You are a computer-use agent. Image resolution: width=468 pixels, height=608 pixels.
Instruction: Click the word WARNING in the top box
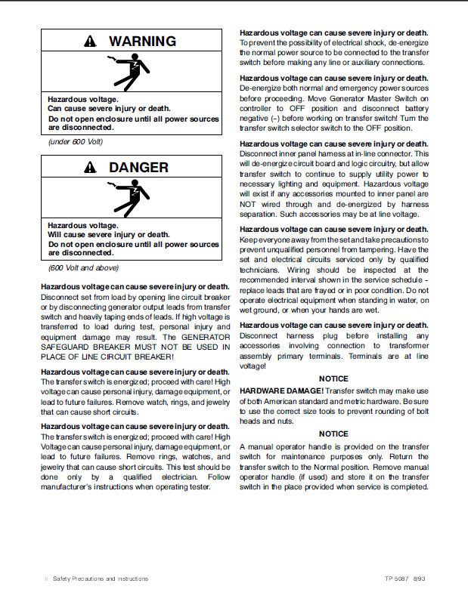[x=142, y=42]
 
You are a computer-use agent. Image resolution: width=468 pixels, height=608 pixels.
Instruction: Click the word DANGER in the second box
[x=138, y=167]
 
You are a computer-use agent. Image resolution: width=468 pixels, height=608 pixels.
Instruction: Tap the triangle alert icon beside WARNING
[x=91, y=42]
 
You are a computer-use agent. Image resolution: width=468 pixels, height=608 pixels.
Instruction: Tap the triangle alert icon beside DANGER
[x=91, y=168]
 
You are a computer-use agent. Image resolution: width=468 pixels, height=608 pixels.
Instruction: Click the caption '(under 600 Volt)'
[x=76, y=142]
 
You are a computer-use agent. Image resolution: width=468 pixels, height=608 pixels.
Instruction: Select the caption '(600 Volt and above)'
[x=83, y=267]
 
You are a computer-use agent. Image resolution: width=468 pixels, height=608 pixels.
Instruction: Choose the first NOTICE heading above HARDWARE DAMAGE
[x=333, y=378]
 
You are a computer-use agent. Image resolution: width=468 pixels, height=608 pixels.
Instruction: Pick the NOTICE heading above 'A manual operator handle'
[x=333, y=434]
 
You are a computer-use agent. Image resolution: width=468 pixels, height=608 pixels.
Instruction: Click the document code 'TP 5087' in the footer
[x=396, y=579]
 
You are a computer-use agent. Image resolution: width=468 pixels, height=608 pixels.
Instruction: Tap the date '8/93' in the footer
[x=420, y=579]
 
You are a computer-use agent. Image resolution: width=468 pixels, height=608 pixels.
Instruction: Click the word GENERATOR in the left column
[x=207, y=336]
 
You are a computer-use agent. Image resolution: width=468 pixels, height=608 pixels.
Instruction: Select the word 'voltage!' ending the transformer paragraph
[x=253, y=366]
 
